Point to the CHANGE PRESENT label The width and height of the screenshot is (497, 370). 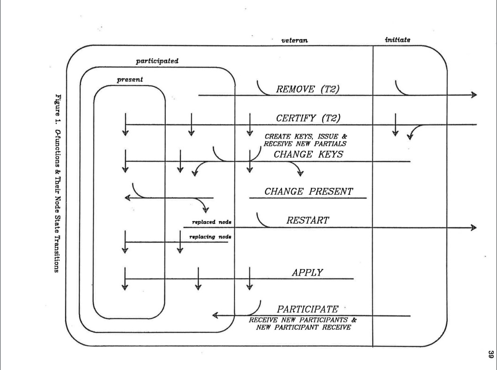click(308, 192)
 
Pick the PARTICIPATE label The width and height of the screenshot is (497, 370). click(308, 309)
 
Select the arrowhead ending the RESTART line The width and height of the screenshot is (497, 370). click(472, 228)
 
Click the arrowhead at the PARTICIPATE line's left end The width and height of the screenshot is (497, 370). click(216, 316)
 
